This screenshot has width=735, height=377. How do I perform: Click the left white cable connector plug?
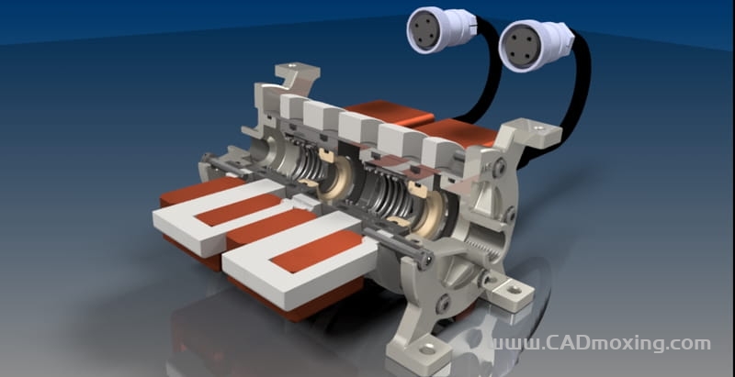pyautogui.click(x=441, y=29)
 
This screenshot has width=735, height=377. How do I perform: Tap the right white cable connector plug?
pyautogui.click(x=535, y=44)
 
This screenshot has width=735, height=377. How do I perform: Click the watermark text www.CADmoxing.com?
pyautogui.click(x=601, y=344)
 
